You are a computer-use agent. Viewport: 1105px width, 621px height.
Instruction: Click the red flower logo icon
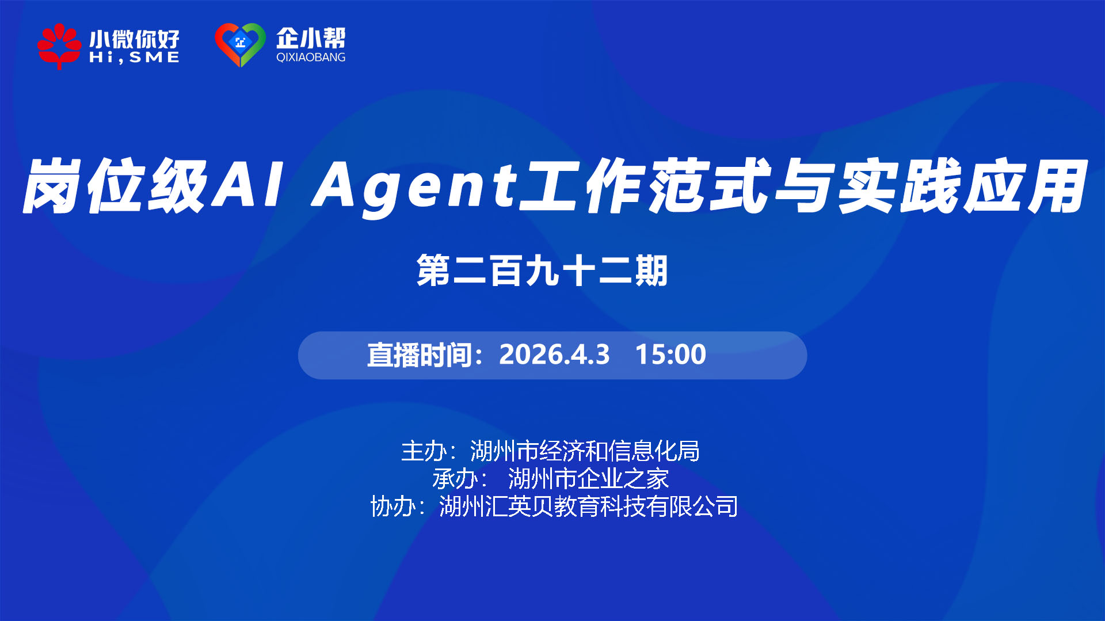click(59, 46)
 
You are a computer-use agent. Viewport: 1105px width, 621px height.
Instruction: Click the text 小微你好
click(134, 39)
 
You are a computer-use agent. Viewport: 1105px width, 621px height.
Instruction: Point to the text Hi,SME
click(134, 58)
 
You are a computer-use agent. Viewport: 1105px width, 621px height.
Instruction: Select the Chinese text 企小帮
click(311, 39)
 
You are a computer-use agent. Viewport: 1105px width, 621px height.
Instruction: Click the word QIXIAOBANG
click(311, 57)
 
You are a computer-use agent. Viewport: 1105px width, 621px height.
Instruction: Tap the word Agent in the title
click(414, 187)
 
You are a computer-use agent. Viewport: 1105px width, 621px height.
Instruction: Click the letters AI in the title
click(247, 184)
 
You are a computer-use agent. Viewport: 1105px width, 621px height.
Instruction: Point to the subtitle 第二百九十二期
click(542, 271)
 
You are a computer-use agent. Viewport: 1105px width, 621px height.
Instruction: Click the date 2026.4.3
click(554, 354)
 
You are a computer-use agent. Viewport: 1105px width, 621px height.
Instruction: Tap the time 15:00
click(670, 354)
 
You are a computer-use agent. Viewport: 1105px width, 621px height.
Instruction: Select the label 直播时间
click(420, 355)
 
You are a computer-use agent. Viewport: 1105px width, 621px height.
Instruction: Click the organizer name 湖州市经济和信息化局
click(585, 451)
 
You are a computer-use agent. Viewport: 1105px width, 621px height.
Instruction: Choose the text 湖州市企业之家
click(588, 479)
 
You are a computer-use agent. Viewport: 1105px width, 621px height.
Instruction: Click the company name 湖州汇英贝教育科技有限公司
click(588, 506)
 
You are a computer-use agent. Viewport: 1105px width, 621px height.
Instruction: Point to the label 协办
click(393, 506)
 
